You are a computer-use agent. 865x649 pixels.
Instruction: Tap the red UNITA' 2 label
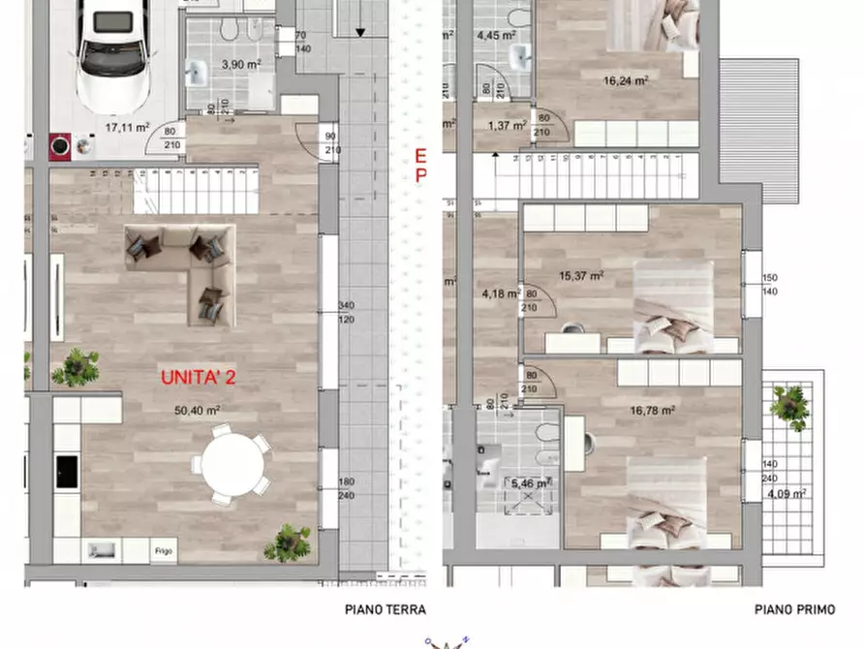(x=199, y=377)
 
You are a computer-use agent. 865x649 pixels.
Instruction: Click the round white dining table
(x=232, y=464)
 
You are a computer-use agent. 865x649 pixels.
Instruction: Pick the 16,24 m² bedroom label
(x=626, y=81)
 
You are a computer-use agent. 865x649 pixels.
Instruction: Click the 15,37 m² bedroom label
(x=581, y=276)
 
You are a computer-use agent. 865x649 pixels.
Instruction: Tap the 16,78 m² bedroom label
(x=653, y=410)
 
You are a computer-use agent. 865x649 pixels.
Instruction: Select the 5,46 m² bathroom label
(x=531, y=482)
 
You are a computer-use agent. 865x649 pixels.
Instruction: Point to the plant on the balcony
(x=790, y=405)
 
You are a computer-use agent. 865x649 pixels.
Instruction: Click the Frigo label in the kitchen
(x=164, y=551)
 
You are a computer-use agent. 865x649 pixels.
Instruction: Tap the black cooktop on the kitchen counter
(x=67, y=471)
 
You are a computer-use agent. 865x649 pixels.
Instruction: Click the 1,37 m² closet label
(x=506, y=125)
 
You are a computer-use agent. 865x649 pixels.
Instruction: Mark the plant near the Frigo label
(x=288, y=542)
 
